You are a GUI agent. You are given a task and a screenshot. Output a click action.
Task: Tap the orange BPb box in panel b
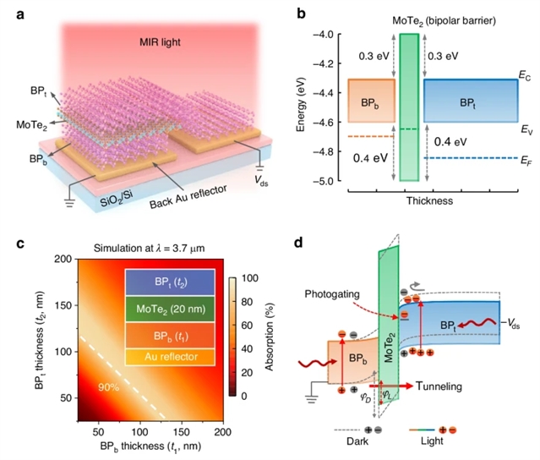tap(371, 101)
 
